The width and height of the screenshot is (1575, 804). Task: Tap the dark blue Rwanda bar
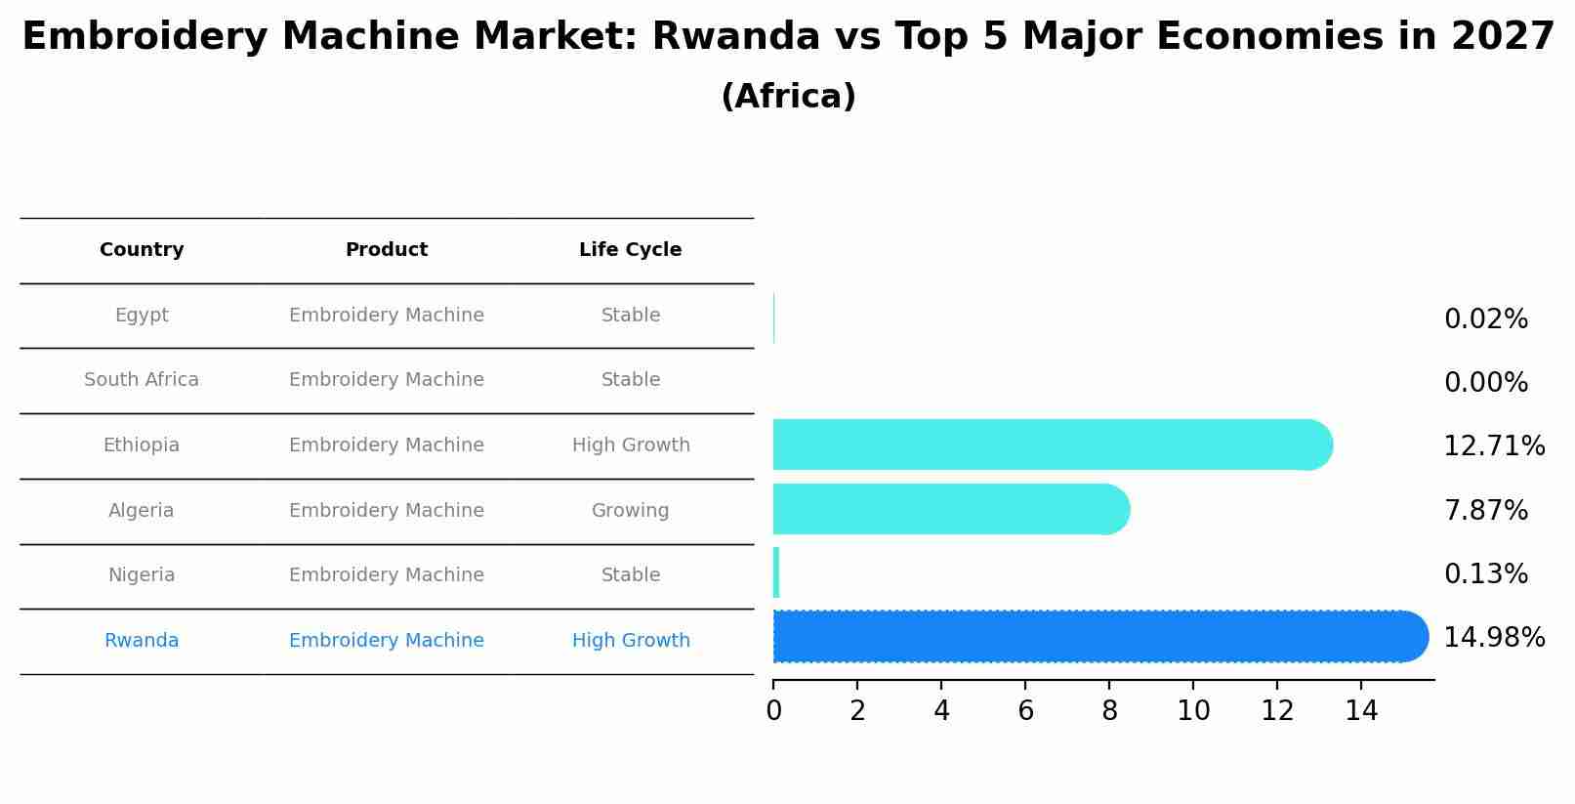coord(1098,637)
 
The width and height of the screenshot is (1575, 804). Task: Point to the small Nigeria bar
coord(776,572)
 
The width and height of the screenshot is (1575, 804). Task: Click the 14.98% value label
coord(1494,638)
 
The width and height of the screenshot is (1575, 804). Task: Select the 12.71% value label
coord(1494,446)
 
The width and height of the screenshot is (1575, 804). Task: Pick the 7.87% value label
coord(1485,510)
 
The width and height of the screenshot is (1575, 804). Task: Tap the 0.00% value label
coord(1485,383)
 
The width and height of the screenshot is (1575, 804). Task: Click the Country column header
coord(142,250)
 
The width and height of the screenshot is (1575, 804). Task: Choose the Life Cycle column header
coord(630,250)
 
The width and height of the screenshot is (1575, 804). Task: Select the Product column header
coord(387,250)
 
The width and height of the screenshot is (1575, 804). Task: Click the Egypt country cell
coord(142,316)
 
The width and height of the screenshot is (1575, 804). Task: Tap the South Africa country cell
coord(142,380)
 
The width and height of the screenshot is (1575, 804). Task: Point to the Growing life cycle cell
coord(630,511)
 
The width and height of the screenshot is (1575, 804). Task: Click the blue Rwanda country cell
coord(142,641)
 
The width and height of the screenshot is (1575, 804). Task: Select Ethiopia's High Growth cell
coord(631,445)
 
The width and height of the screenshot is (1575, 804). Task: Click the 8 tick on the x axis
coord(1109,711)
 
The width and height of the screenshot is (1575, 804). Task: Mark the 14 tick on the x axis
coord(1361,711)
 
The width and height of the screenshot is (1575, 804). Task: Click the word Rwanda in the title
coord(736,37)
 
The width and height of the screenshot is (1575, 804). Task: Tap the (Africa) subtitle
coord(788,97)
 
